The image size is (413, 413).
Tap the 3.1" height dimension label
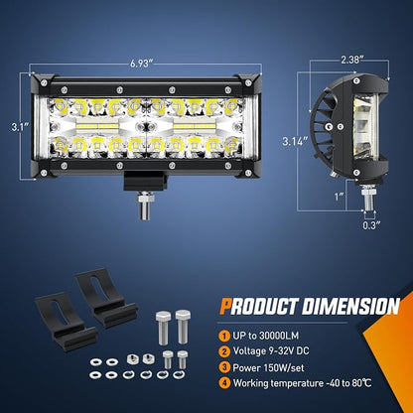click(20, 127)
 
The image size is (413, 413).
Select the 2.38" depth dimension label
click(352, 60)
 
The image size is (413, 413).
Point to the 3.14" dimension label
click(295, 141)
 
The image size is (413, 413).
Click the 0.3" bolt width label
click(371, 225)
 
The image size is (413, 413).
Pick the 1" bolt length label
click(339, 197)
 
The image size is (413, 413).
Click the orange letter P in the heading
click(225, 306)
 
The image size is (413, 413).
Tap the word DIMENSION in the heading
click(350, 306)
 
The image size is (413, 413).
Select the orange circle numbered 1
click(224, 337)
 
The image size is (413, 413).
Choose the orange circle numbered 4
click(224, 383)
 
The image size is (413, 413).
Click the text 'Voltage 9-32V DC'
click(271, 351)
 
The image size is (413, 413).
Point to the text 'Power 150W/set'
click(268, 367)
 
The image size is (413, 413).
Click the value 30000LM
click(279, 336)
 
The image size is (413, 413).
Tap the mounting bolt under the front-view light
click(145, 206)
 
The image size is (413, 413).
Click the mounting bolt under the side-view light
click(368, 198)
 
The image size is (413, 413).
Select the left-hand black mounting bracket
click(65, 321)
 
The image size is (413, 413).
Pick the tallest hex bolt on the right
click(183, 327)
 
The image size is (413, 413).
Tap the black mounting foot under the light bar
click(145, 181)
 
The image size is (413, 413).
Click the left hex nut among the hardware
click(132, 358)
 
